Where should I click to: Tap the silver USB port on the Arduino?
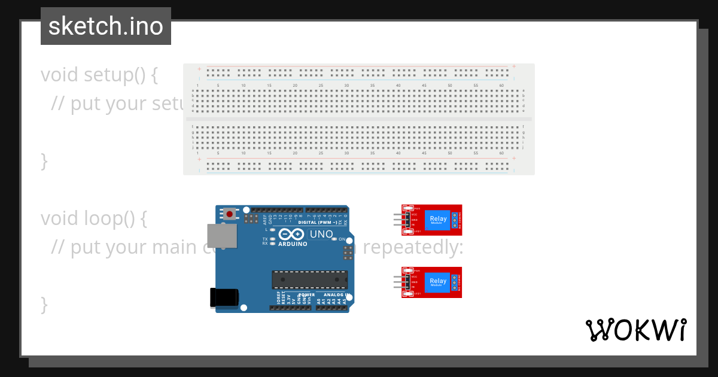(x=221, y=236)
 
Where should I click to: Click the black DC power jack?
(x=224, y=297)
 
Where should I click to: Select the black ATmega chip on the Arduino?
(x=309, y=279)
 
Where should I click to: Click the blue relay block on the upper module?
(x=438, y=220)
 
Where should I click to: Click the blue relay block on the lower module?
(x=438, y=282)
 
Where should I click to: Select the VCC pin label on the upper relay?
(x=415, y=214)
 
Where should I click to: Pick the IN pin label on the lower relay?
(x=413, y=287)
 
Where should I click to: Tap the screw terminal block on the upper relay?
(x=455, y=220)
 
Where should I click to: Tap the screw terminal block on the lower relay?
(x=455, y=282)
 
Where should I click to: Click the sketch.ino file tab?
(x=106, y=26)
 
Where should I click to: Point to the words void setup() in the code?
(x=99, y=75)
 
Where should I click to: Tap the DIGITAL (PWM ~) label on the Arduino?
(x=317, y=222)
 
